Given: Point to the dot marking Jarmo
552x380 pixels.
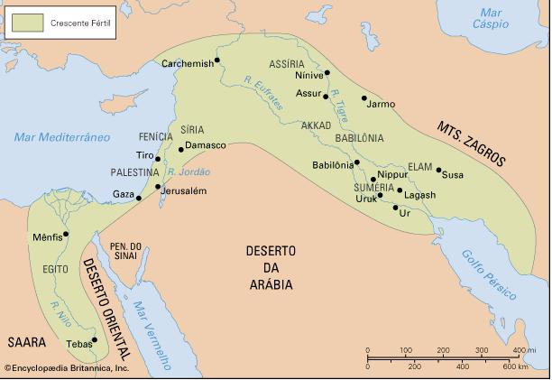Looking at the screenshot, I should [x=364, y=97].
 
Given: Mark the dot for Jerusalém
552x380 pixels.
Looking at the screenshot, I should [x=159, y=187].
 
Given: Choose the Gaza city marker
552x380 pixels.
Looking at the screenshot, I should [x=140, y=198].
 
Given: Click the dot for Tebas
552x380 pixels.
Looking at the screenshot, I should [x=95, y=340].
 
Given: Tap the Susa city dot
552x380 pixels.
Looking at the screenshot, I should [x=438, y=170].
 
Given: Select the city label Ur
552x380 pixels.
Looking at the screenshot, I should [x=404, y=216].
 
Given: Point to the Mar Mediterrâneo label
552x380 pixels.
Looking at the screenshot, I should [x=62, y=137].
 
